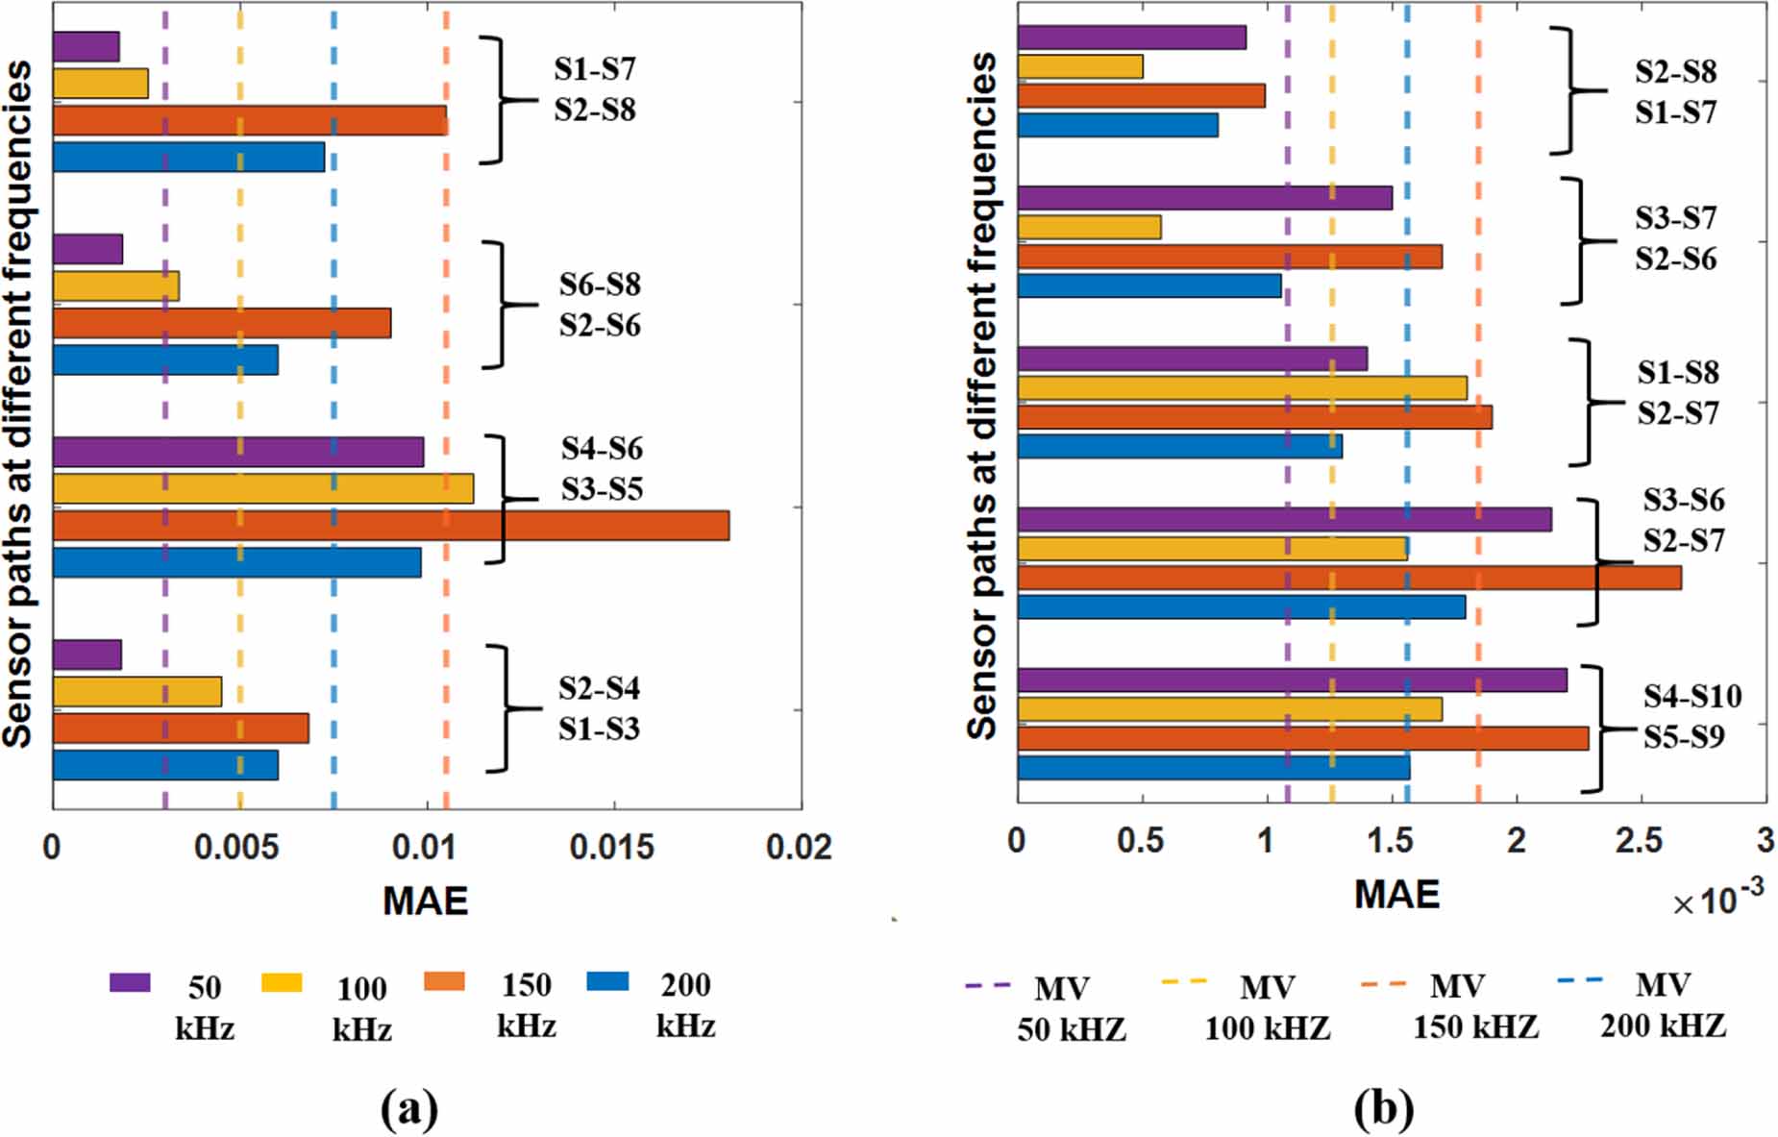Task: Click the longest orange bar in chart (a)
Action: (390, 526)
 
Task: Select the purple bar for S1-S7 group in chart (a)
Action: (86, 46)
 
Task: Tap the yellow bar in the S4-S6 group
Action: (262, 488)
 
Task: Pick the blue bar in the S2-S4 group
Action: (165, 765)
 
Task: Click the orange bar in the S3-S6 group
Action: (1348, 578)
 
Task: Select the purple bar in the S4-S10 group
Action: (1292, 680)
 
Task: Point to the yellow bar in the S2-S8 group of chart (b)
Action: (1079, 66)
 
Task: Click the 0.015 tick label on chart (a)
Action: (611, 847)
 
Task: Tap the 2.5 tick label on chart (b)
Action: (1639, 841)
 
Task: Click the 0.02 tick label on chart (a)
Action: (799, 847)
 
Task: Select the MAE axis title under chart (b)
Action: (1396, 894)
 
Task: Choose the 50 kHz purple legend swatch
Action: (130, 982)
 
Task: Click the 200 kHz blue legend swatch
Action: (606, 981)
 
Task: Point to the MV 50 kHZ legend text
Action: (1070, 1008)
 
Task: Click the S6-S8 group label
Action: (600, 284)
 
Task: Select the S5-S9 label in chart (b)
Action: (1683, 737)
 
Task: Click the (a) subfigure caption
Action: (409, 1109)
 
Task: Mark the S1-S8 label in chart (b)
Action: (1678, 373)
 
